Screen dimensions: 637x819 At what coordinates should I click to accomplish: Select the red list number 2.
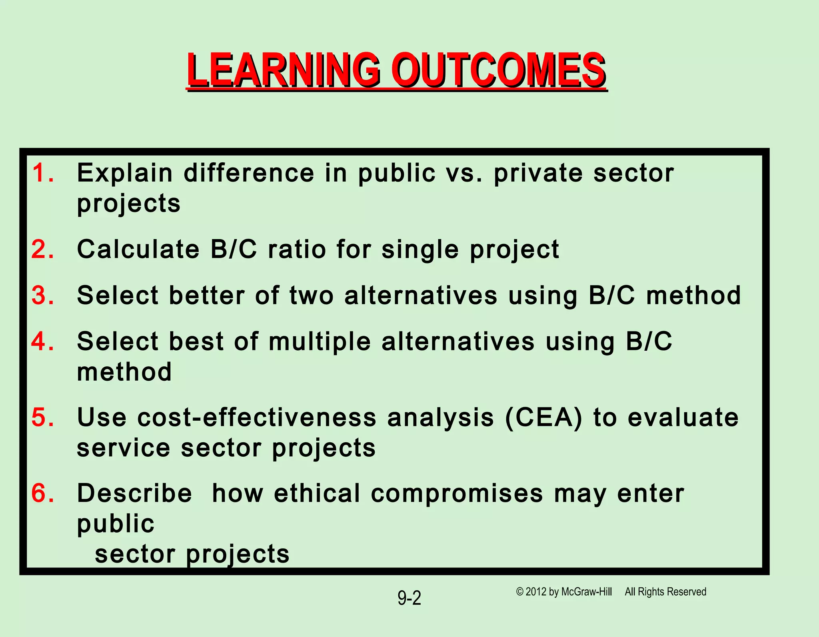pos(42,249)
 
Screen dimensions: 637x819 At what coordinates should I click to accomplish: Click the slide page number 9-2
pos(409,598)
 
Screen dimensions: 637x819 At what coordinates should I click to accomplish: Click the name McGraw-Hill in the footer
pos(586,592)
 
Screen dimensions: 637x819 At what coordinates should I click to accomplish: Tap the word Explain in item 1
pos(125,173)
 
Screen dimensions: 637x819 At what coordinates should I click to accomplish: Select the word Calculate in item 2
pos(138,249)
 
